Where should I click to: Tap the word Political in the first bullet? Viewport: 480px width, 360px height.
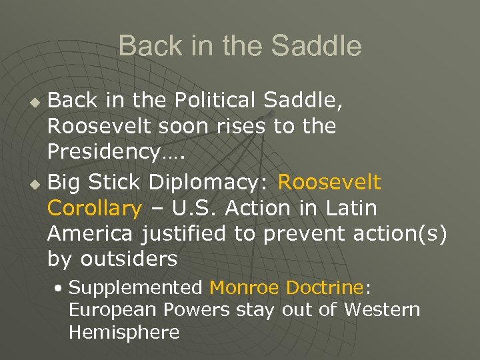pos(218,101)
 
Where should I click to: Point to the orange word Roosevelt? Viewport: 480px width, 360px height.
pos(329,181)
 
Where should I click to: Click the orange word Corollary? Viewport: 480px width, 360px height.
pos(95,208)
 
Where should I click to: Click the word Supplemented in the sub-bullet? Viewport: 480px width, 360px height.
pos(135,288)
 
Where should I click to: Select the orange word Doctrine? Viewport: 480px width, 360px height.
pos(325,288)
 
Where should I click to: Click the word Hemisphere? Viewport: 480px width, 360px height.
pos(124,332)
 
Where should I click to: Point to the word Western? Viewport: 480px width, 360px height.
pos(382,310)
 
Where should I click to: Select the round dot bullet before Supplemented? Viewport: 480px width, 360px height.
pos(60,289)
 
